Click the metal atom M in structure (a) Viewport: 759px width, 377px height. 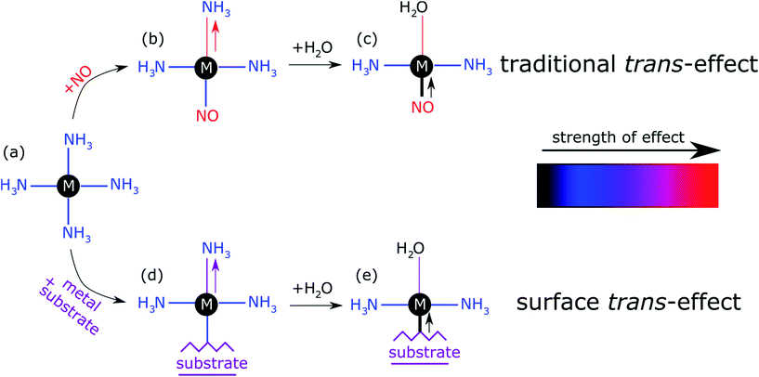click(68, 186)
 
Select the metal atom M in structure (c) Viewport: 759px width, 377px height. click(423, 67)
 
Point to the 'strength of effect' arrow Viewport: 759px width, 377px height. click(627, 148)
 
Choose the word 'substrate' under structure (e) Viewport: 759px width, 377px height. click(423, 353)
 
